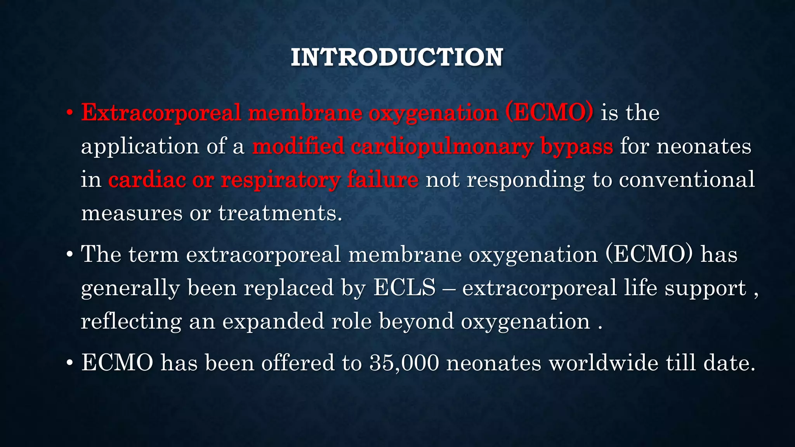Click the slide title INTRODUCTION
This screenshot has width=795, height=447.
coord(397,57)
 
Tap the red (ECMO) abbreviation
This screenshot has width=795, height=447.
coord(549,113)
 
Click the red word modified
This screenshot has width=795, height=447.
coord(298,147)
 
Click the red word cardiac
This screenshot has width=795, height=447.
coord(147,180)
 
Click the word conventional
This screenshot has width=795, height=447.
coord(687,180)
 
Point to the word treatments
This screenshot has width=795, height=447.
coord(280,213)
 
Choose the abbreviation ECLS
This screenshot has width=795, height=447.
coord(404,288)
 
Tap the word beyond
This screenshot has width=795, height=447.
coord(416,322)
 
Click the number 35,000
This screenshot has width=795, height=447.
coord(404,363)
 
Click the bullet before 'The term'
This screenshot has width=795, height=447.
coord(69,255)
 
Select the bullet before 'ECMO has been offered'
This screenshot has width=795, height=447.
coord(69,363)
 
